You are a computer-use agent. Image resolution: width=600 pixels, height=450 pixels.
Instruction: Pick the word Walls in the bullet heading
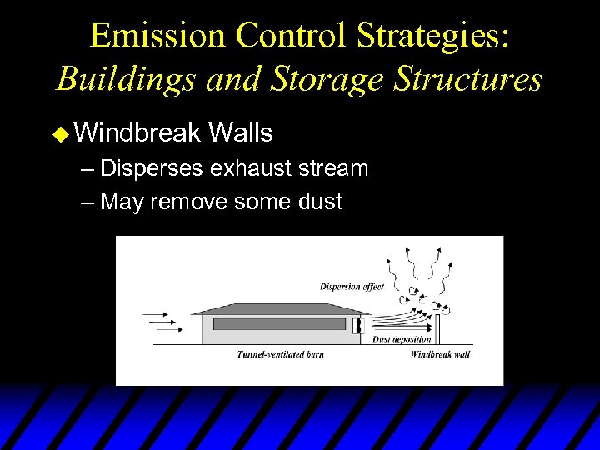[x=241, y=132]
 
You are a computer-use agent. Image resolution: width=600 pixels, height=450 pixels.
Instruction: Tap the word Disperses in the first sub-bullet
[x=152, y=168]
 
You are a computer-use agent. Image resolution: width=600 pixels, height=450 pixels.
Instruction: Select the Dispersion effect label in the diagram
[x=352, y=287]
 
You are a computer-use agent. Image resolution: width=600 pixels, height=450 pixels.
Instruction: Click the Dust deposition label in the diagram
[x=402, y=339]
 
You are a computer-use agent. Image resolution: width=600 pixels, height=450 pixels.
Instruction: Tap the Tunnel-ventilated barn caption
[x=280, y=354]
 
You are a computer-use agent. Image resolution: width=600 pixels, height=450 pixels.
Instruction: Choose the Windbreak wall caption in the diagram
[x=440, y=354]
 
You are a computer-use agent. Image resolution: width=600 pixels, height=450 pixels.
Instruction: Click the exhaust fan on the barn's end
[x=361, y=326]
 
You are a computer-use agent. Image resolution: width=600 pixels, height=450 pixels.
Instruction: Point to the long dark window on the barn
[x=279, y=323]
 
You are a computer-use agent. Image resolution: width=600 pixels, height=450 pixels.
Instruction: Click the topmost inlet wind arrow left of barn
[x=157, y=316]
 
